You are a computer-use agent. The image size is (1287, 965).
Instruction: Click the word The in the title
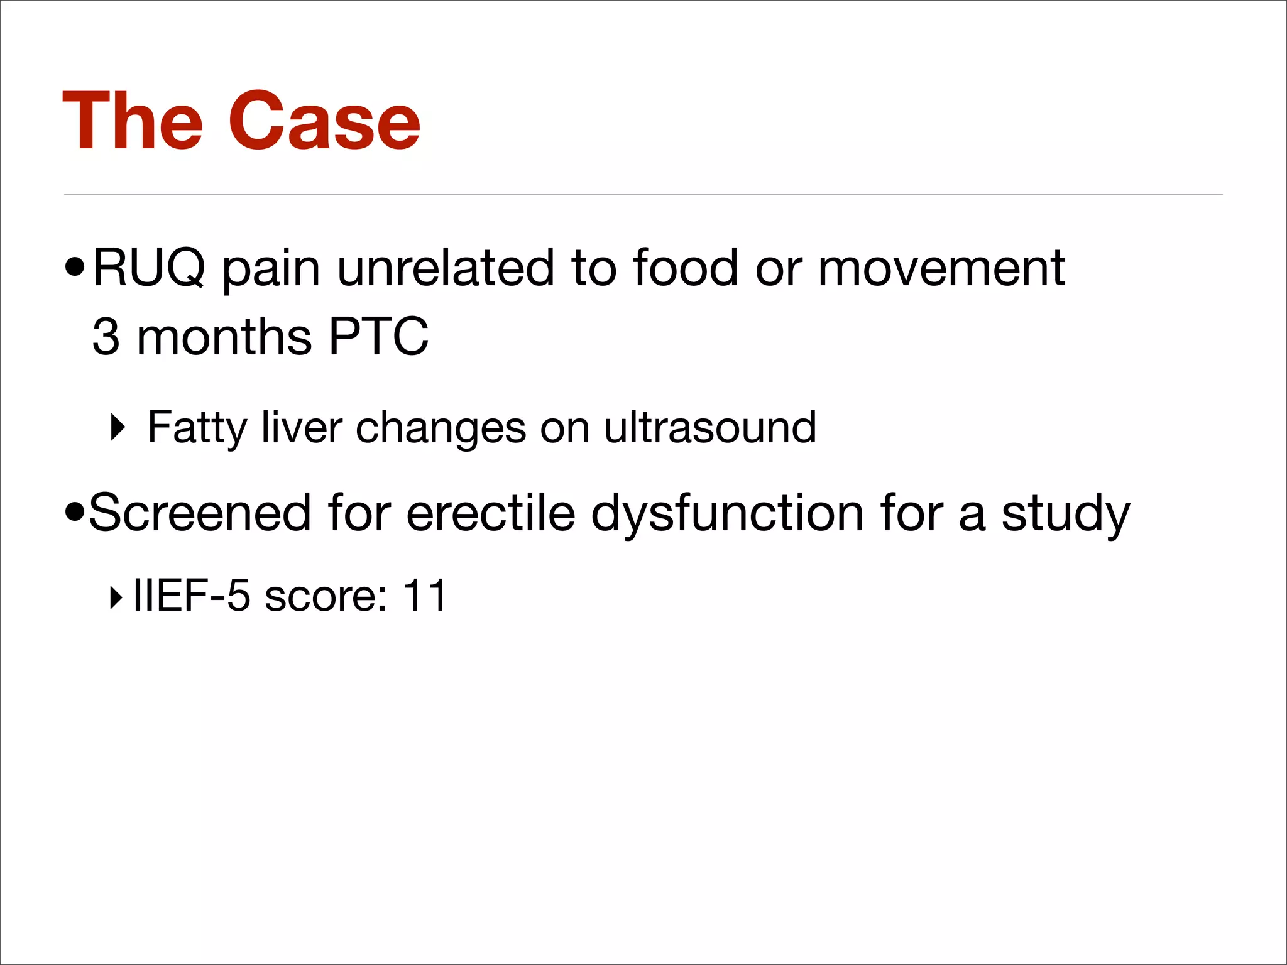point(133,121)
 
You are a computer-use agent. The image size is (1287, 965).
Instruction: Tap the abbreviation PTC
point(378,337)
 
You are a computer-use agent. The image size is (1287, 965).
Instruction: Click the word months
point(224,337)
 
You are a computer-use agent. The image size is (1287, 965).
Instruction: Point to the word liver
point(302,428)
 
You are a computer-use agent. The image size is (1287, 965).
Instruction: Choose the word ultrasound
point(710,428)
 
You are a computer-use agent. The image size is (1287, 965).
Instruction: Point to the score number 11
point(425,595)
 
